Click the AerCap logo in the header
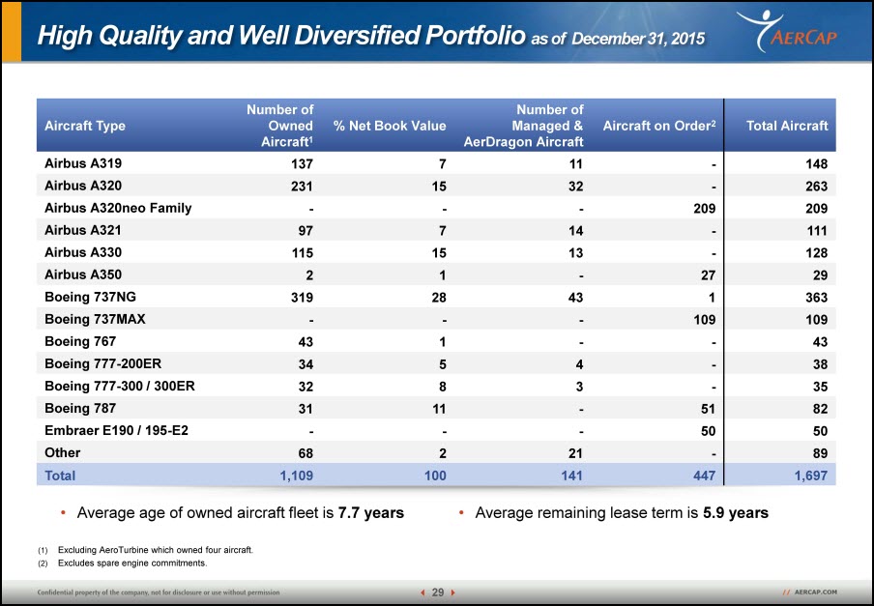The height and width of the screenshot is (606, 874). coord(787,31)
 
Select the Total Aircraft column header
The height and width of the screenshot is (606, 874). coord(787,126)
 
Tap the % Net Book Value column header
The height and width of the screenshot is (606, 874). coord(390,126)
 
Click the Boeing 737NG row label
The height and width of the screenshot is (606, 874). coord(90,297)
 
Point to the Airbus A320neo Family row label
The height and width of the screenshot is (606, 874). coord(118,209)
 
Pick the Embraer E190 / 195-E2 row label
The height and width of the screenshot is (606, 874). coord(116,430)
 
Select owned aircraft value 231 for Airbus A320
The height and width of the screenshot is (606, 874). coord(302,186)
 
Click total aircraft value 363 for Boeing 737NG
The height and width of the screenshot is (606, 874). coord(817,298)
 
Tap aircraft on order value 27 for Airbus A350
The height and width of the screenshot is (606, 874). coord(708,275)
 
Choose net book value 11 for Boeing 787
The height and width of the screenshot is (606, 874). coord(439,409)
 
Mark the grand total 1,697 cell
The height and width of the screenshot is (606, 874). coord(810,476)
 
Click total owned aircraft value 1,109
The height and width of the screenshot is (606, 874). coord(296,476)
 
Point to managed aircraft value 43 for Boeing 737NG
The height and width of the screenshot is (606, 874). coord(575,298)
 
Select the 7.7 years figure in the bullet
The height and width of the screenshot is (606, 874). coord(370,512)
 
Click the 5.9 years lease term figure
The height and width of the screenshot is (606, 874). coord(735,512)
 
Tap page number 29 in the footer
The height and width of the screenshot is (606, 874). coord(438,592)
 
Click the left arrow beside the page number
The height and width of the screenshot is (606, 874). coord(423,592)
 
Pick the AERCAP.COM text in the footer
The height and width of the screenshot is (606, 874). coord(815,592)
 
